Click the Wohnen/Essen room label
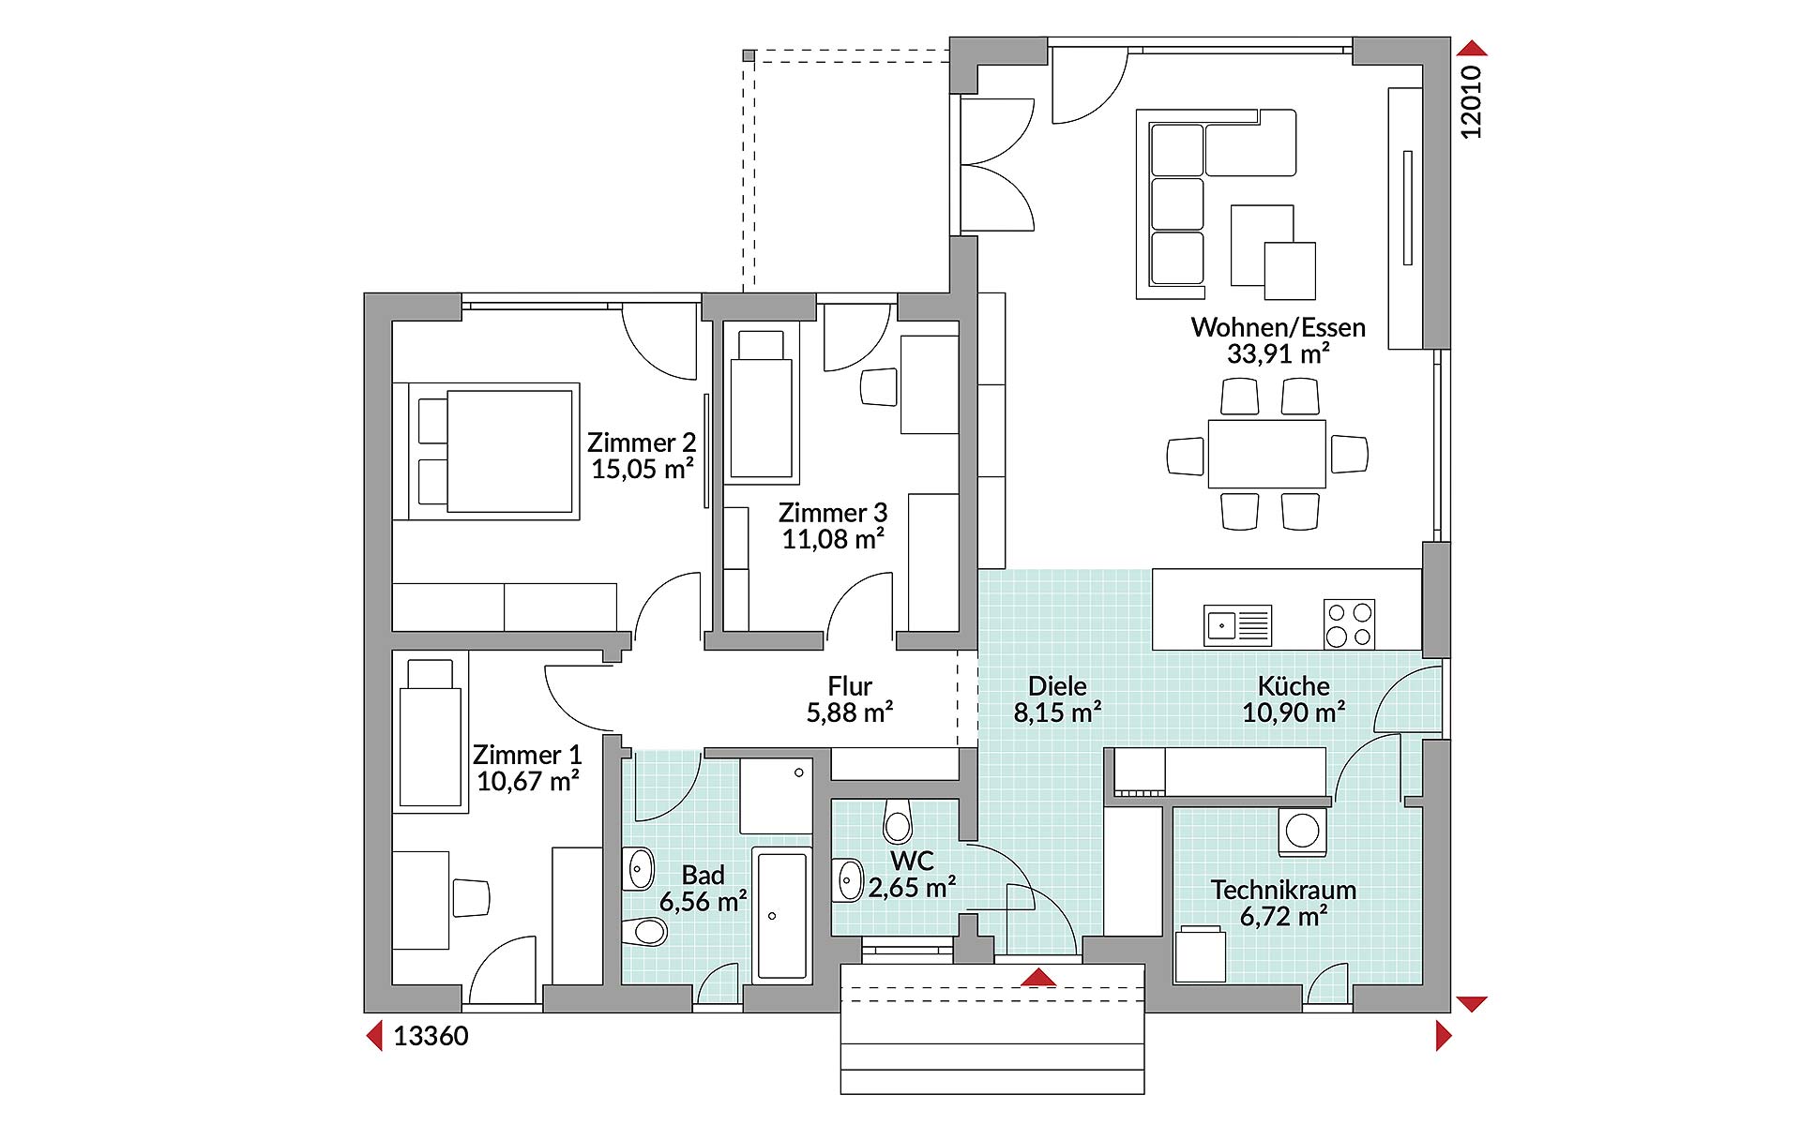[x=1278, y=328]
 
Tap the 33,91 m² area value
[x=1278, y=354]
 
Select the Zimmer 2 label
[x=642, y=442]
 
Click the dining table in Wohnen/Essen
[x=1267, y=454]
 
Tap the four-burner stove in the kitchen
[x=1349, y=624]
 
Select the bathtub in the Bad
[x=781, y=915]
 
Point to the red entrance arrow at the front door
[x=1038, y=978]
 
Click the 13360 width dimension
[x=431, y=1036]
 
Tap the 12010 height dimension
[x=1471, y=102]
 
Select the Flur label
[x=850, y=686]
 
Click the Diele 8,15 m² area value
[x=1057, y=712]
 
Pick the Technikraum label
[x=1283, y=890]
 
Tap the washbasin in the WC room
[x=848, y=880]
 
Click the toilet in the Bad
[x=644, y=931]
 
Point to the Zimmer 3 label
[x=833, y=513]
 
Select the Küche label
[x=1294, y=686]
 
